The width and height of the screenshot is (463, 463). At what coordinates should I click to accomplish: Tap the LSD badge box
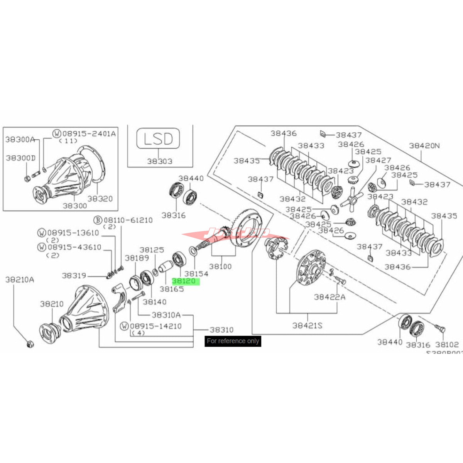coord(158,139)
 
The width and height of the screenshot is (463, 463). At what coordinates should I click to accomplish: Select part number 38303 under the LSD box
coord(159,161)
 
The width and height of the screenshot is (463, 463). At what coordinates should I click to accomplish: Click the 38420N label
coord(424,145)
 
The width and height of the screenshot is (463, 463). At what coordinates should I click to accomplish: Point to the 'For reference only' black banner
coord(233,341)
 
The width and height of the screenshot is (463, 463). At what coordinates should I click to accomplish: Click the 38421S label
coord(307,325)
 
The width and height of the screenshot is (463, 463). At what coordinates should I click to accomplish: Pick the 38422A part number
coord(330,297)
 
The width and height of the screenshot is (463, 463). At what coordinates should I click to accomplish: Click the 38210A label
coord(19,279)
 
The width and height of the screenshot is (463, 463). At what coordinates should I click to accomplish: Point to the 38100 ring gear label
coord(220,266)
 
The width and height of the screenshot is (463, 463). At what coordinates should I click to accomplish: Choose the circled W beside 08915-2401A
coord(57,133)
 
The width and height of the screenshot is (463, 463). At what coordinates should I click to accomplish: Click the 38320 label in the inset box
coord(100,198)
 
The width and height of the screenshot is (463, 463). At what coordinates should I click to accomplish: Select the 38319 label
coord(74,275)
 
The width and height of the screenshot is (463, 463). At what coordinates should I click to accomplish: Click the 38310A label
coord(166,315)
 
